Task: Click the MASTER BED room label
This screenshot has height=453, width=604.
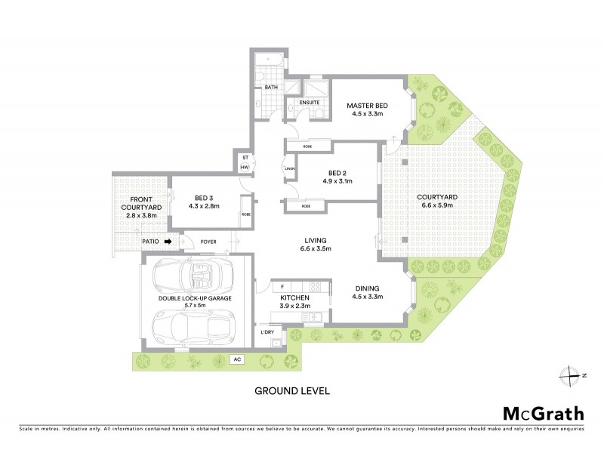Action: click(367, 105)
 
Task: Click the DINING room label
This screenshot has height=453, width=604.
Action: click(366, 288)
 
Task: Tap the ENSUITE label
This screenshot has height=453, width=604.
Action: click(310, 102)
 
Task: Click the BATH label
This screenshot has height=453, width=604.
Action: click(271, 88)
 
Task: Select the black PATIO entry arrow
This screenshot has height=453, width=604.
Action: click(169, 242)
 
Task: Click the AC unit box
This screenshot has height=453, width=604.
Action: click(237, 359)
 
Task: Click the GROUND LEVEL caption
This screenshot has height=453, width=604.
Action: click(292, 391)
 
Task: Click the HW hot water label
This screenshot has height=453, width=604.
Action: click(245, 167)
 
